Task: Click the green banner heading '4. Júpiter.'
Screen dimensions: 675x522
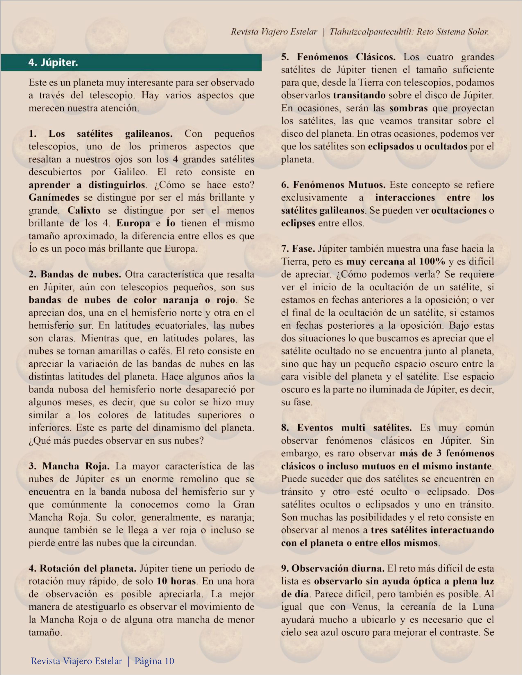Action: point(53,63)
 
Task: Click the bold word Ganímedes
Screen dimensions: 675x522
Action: point(54,198)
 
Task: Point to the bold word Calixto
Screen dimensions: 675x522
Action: point(84,210)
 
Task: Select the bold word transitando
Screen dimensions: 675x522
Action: point(359,95)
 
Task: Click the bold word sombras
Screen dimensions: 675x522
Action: point(408,108)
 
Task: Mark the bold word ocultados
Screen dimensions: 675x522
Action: point(446,146)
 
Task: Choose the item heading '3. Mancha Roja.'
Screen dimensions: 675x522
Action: point(69,466)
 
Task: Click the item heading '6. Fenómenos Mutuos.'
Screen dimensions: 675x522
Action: point(333,185)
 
